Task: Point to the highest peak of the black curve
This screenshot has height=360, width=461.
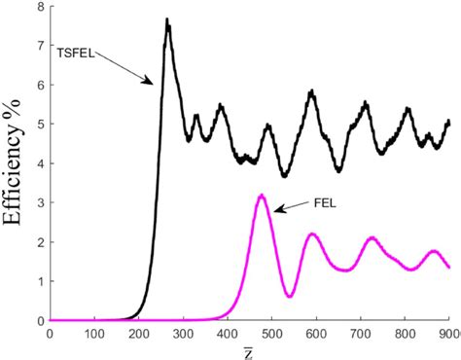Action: [167, 19]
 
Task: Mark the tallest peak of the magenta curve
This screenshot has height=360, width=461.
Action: [261, 196]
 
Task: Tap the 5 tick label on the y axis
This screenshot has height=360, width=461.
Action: [40, 124]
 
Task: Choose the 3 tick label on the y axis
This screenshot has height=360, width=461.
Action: [40, 202]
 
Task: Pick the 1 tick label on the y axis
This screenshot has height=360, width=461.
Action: [40, 281]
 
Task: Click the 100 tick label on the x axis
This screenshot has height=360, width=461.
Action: [94, 330]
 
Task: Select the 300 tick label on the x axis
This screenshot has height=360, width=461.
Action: [183, 330]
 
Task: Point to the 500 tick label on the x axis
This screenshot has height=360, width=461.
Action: [271, 330]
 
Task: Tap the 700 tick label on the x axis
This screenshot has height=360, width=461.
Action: [360, 330]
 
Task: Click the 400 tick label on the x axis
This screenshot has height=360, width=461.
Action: [228, 330]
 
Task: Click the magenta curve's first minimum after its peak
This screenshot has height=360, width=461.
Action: [289, 296]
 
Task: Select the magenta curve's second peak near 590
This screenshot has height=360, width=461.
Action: [312, 234]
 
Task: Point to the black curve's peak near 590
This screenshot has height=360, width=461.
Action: [312, 92]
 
